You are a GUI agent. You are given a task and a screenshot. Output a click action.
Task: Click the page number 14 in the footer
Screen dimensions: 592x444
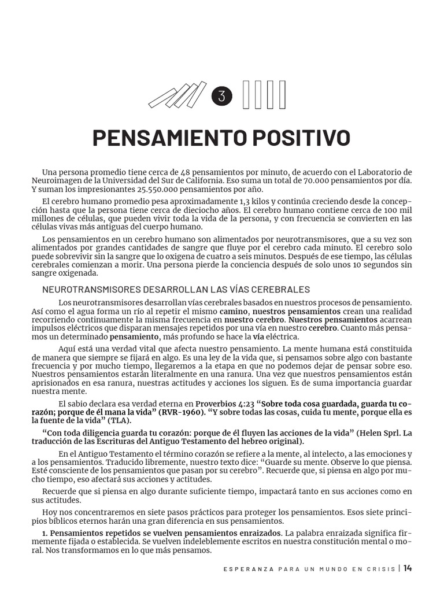click(x=408, y=568)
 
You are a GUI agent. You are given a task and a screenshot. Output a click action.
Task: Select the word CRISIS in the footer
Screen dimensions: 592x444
click(x=379, y=568)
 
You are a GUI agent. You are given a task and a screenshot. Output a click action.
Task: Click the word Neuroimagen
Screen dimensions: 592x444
click(x=56, y=180)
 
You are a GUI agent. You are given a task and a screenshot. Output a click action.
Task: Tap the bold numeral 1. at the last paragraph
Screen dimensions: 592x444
click(x=46, y=532)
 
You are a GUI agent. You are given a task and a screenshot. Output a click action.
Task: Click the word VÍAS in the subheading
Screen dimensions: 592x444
click(x=236, y=289)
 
